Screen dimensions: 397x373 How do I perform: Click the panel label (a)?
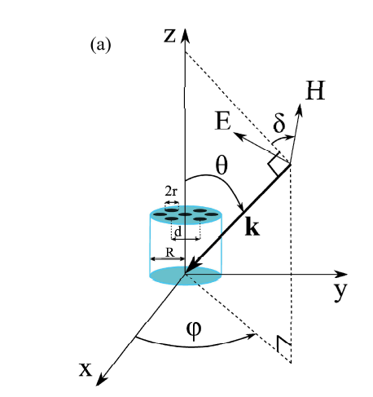100,45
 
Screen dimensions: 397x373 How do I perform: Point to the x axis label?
86,368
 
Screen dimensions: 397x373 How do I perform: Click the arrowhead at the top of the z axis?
186,33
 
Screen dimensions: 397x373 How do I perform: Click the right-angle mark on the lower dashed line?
283,345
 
